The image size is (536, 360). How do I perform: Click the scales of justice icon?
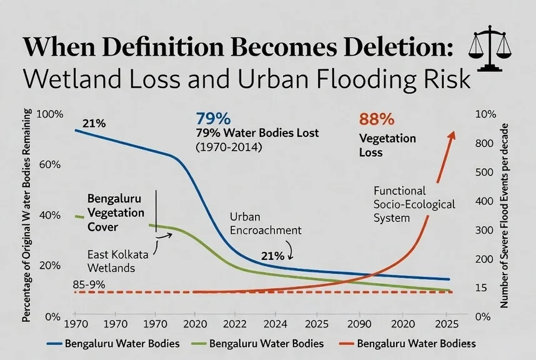click(490, 49)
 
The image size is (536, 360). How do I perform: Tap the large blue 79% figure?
click(213, 119)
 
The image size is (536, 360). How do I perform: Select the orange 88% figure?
click(377, 119)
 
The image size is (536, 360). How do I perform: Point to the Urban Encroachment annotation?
click(266, 224)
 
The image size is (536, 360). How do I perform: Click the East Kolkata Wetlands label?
click(117, 261)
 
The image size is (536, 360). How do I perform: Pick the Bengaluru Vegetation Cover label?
click(116, 212)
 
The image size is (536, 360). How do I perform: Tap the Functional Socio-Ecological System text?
click(414, 204)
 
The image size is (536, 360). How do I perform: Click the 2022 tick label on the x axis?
click(235, 324)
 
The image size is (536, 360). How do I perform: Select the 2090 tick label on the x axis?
click(359, 324)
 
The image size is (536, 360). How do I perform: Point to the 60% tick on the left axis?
click(50, 164)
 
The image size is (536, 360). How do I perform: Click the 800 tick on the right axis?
click(484, 143)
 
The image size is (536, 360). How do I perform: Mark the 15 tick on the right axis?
click(481, 288)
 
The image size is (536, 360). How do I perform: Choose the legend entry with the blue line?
click(113, 343)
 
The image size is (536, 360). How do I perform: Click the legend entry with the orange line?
click(407, 343)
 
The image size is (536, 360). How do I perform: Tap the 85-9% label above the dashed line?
click(89, 284)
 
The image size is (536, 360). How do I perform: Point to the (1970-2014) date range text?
click(229, 147)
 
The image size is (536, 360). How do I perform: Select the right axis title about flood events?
click(504, 216)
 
